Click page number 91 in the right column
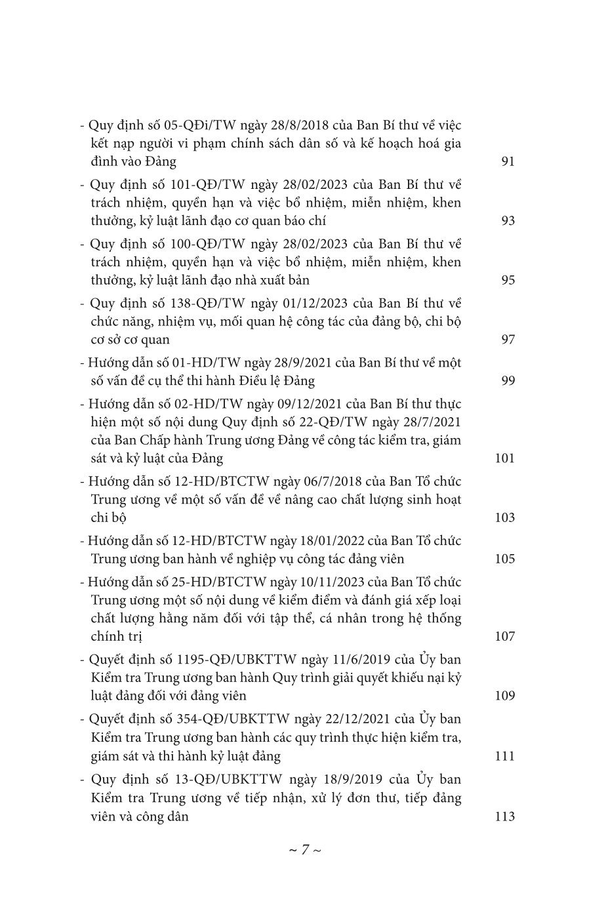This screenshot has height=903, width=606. click(x=508, y=161)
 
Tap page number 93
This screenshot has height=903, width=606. click(x=508, y=220)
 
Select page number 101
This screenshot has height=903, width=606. click(x=504, y=458)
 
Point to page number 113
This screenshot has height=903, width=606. click(x=504, y=816)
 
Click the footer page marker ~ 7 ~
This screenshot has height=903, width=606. click(x=304, y=850)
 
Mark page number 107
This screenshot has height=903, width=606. click(x=504, y=636)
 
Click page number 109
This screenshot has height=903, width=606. click(x=504, y=696)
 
